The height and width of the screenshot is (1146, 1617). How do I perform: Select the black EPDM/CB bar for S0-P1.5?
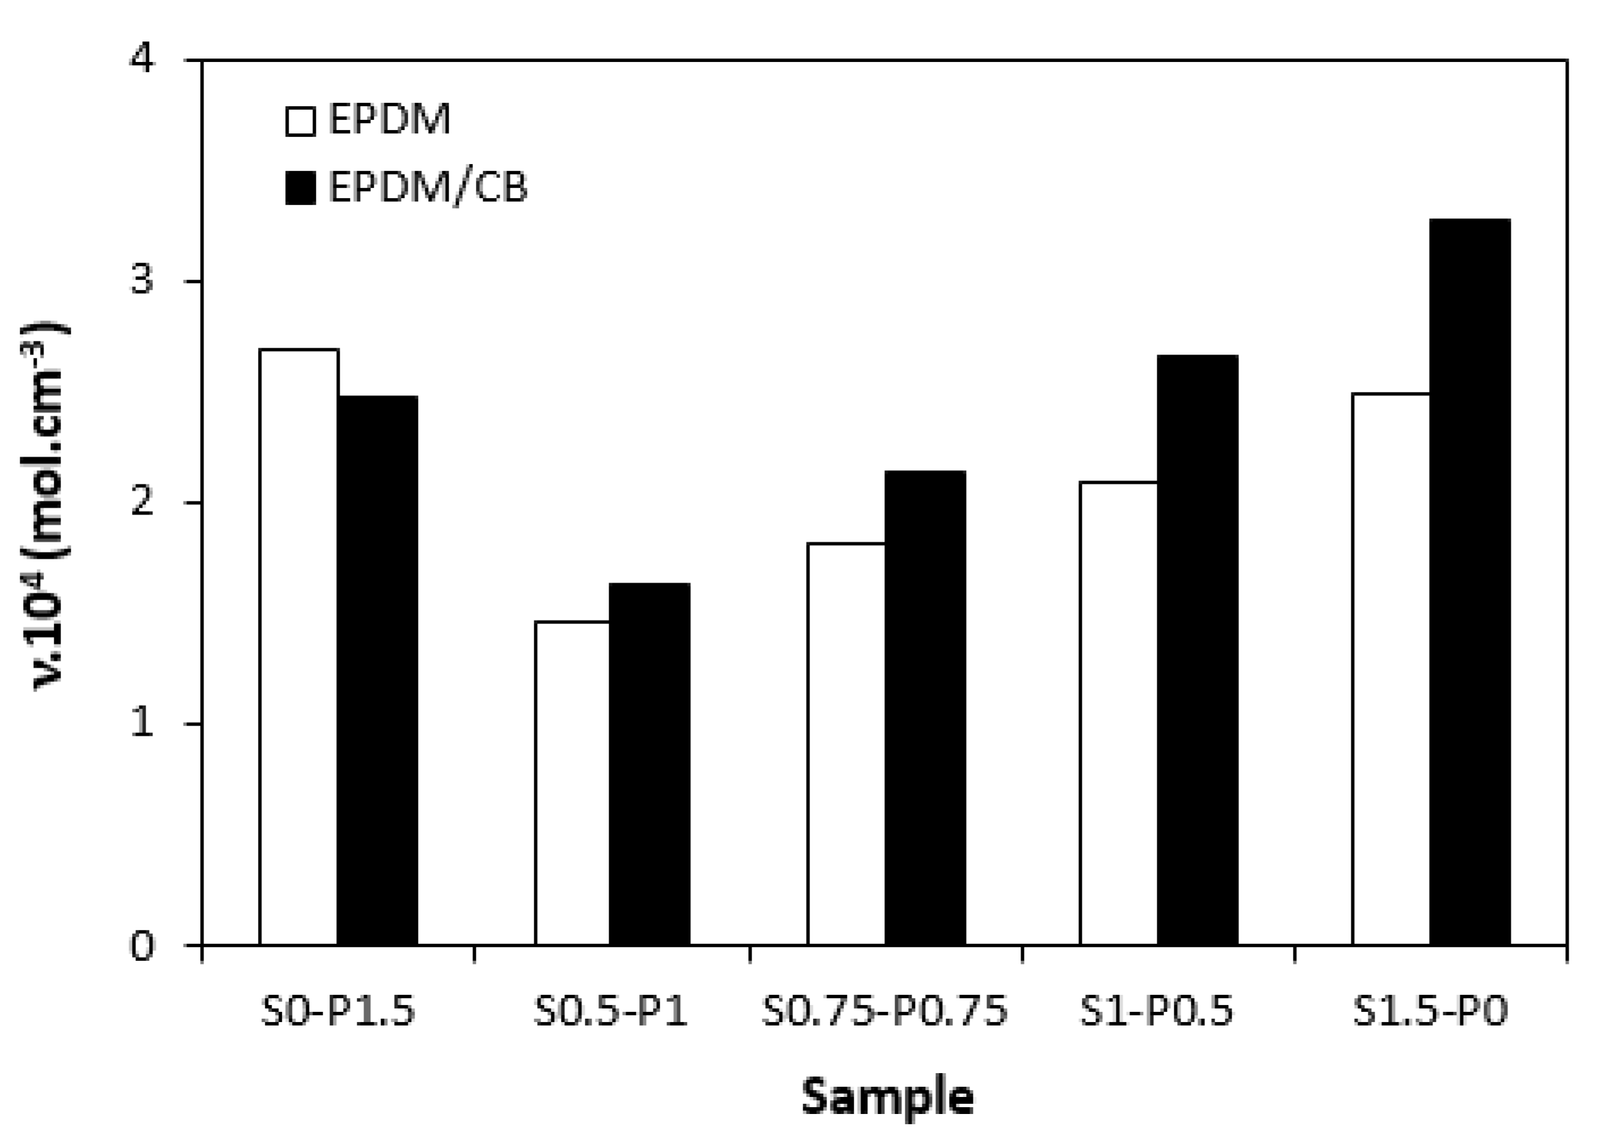click(378, 670)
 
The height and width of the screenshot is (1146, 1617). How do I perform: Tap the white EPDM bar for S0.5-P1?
click(572, 783)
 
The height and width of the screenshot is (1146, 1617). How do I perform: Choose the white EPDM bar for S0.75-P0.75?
click(846, 744)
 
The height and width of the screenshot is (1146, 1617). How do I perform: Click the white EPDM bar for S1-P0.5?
click(1118, 713)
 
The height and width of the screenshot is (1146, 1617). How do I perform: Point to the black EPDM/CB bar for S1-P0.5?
click(1197, 649)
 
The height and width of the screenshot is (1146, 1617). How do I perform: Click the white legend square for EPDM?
click(300, 120)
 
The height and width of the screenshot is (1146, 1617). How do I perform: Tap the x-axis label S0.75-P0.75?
click(884, 1012)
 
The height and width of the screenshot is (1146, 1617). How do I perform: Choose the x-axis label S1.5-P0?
click(1430, 1012)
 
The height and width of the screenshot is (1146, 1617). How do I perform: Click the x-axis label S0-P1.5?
click(338, 1012)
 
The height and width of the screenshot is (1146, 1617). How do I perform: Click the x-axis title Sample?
click(887, 1098)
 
